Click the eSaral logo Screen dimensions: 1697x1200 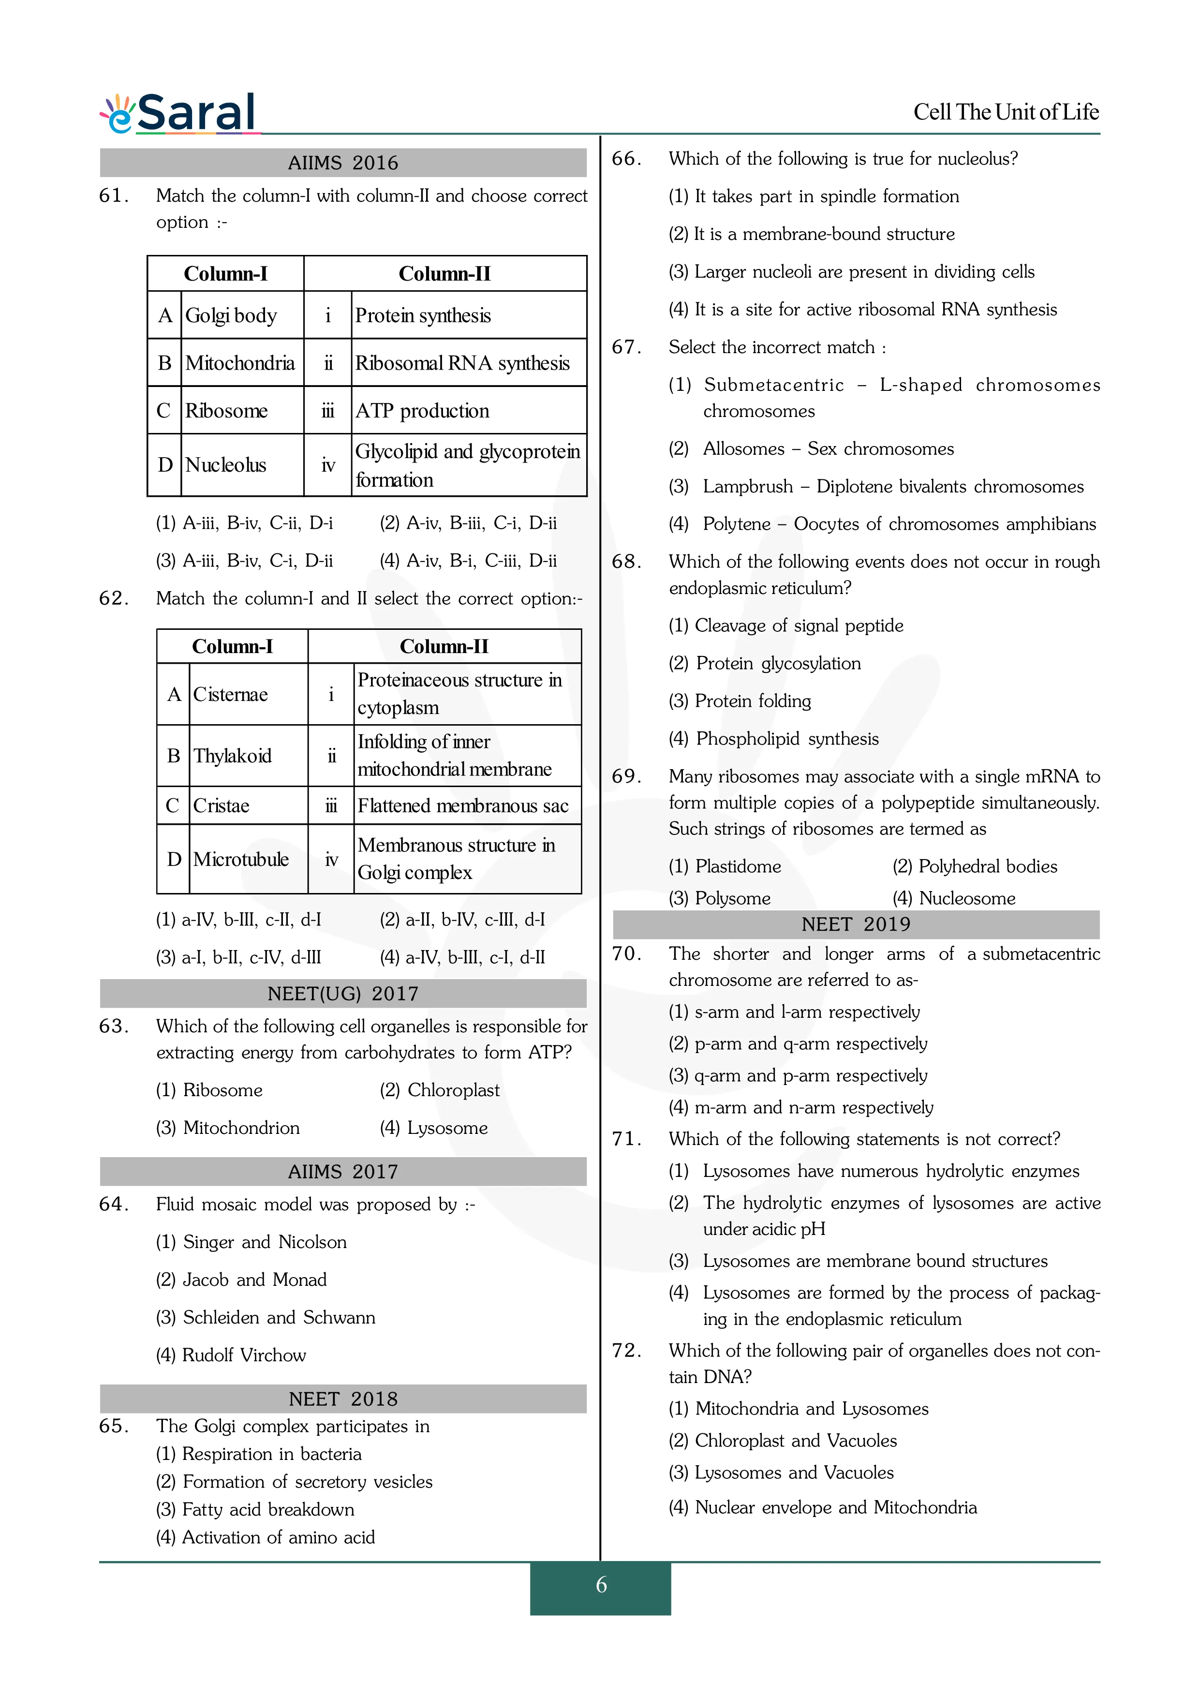coord(179,113)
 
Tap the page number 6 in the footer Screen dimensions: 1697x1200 coord(601,1585)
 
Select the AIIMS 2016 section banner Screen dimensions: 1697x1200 coord(343,163)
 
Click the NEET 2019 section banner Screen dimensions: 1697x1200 coord(856,924)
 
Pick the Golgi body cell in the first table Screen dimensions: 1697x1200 coord(231,315)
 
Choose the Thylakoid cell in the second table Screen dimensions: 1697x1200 coord(232,755)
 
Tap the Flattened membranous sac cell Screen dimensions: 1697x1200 coord(463,805)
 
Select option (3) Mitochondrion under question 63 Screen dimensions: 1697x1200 coord(228,1128)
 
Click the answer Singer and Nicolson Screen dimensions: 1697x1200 coord(251,1242)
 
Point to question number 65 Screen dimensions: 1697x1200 coord(114,1426)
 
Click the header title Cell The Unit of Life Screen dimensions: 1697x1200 coord(1006,112)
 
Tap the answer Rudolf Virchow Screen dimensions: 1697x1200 coord(231,1355)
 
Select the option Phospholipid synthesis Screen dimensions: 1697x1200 coord(774,738)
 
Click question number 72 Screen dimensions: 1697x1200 coord(626,1350)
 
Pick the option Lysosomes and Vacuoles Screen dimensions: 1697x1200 coord(781,1473)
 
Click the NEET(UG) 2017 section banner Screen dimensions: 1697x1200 coord(343,993)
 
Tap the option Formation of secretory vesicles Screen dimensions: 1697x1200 coord(294,1481)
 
